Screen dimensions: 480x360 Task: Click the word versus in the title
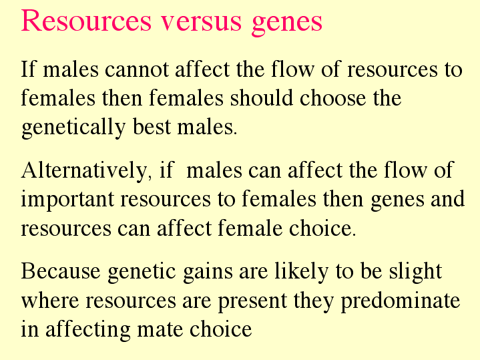[x=202, y=21]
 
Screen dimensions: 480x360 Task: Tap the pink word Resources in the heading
[x=86, y=20]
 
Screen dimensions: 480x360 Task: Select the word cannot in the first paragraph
[x=137, y=69]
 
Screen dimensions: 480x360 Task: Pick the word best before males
[x=152, y=126]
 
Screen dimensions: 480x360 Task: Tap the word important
[x=67, y=200]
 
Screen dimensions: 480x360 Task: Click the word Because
[x=61, y=271]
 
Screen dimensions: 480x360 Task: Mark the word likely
[x=302, y=273]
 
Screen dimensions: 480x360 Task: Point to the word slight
[x=415, y=273]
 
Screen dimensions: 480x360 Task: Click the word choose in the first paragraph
[x=332, y=98]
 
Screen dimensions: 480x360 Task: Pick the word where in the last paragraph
[x=50, y=301]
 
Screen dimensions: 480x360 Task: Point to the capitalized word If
[x=28, y=69]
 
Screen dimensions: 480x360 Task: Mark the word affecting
[x=88, y=331]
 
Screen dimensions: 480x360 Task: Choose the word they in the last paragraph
[x=314, y=301]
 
